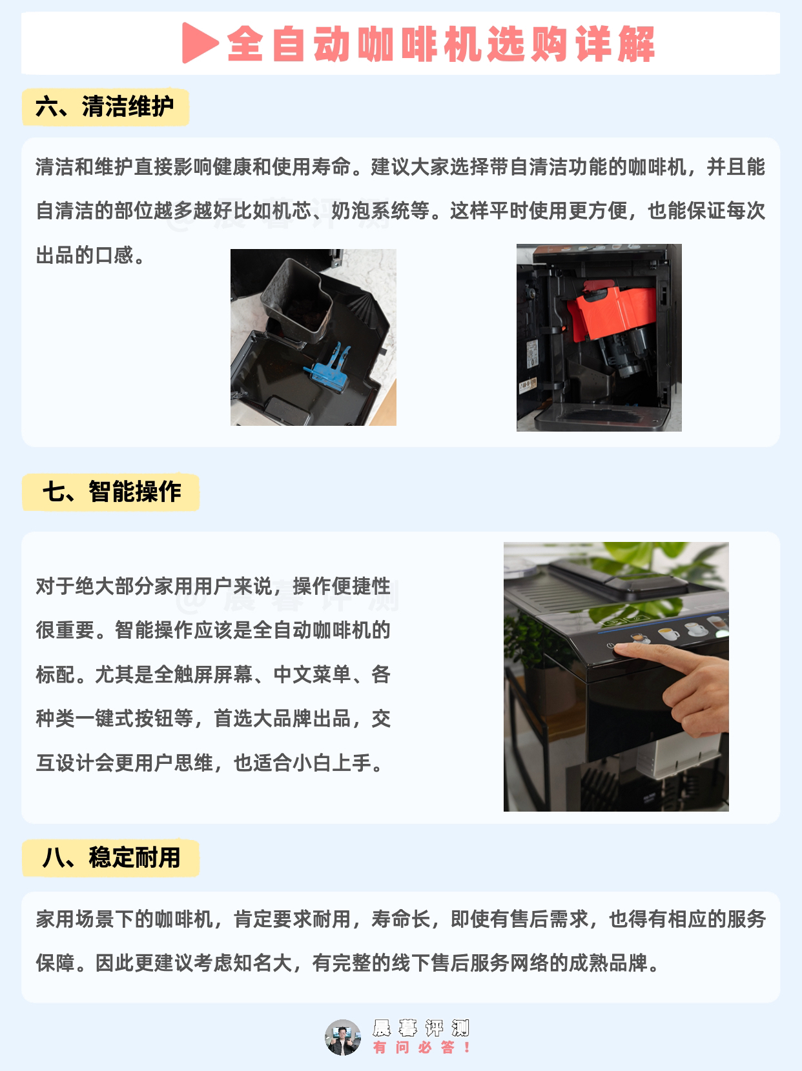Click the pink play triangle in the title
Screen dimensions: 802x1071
tap(199, 43)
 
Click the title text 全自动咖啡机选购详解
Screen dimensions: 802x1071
tap(441, 44)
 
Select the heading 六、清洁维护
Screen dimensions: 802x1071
tap(105, 106)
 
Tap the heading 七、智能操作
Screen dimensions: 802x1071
tap(112, 492)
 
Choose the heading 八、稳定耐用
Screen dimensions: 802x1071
tap(111, 858)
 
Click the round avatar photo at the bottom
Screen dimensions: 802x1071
tap(343, 1037)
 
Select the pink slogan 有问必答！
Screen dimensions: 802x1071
tap(422, 1047)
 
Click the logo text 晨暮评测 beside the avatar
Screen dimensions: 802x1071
tap(421, 1028)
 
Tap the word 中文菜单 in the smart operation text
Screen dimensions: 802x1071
tap(312, 674)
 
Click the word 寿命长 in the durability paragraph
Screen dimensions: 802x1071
tap(401, 919)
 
